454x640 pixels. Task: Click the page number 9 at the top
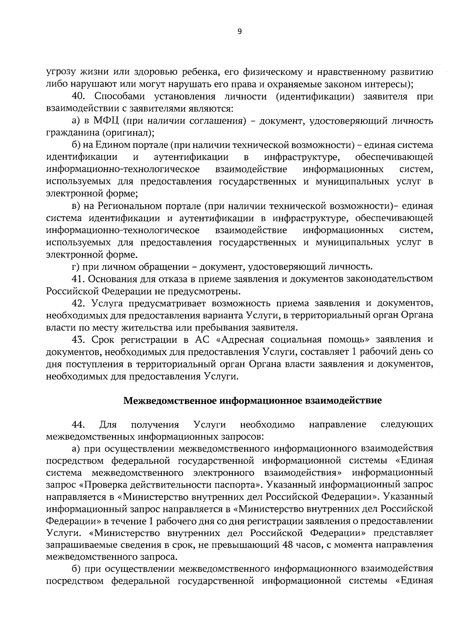tap(239, 32)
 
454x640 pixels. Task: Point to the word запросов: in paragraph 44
tap(241, 437)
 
